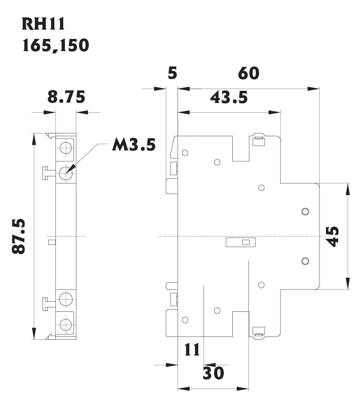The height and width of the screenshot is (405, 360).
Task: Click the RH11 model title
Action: coord(43,24)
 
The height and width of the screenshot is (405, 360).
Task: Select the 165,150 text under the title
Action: coord(56,45)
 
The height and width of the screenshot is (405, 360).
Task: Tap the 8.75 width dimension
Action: coord(66,97)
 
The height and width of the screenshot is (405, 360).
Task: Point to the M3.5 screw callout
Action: coord(133,144)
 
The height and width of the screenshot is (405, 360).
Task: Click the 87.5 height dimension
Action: coord(19,236)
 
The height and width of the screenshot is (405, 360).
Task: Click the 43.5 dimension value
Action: coord(229,97)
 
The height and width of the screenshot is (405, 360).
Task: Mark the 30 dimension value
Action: coord(213,373)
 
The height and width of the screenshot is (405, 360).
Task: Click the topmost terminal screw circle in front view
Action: coord(65,148)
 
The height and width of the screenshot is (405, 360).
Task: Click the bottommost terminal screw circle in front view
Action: coord(65,324)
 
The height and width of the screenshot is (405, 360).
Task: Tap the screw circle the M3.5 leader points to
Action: coord(65,174)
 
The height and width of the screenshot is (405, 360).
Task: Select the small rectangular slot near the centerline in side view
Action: coord(241,242)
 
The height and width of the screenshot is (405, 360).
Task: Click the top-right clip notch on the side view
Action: coord(258,140)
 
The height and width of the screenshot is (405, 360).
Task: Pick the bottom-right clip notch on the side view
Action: coord(258,332)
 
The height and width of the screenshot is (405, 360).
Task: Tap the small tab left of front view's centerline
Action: coord(51,242)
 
